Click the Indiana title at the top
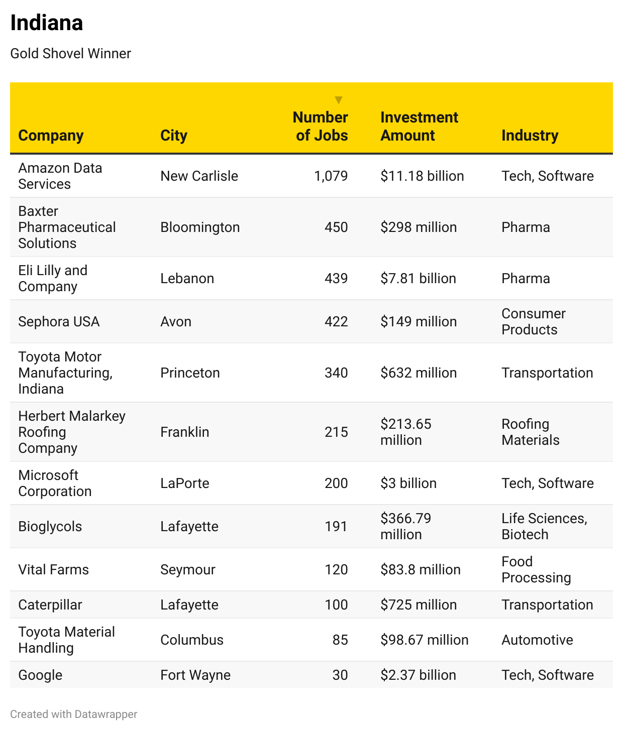tap(47, 23)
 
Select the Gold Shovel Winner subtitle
tap(70, 53)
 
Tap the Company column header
tap(51, 135)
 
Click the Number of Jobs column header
tap(321, 126)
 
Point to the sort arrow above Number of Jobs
tap(339, 100)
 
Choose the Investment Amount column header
tap(419, 126)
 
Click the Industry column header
tap(530, 135)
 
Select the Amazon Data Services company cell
tap(60, 176)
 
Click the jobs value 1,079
tap(331, 176)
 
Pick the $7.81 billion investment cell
tap(418, 278)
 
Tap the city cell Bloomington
tap(200, 227)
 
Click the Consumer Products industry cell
tap(533, 321)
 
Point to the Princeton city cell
tap(190, 373)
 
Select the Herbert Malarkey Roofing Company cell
tap(72, 432)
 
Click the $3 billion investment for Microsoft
tap(408, 483)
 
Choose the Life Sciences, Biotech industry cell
tap(544, 526)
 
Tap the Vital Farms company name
tap(53, 569)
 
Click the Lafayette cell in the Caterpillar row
tap(189, 604)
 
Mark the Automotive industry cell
tap(537, 640)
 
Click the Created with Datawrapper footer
tap(73, 714)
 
